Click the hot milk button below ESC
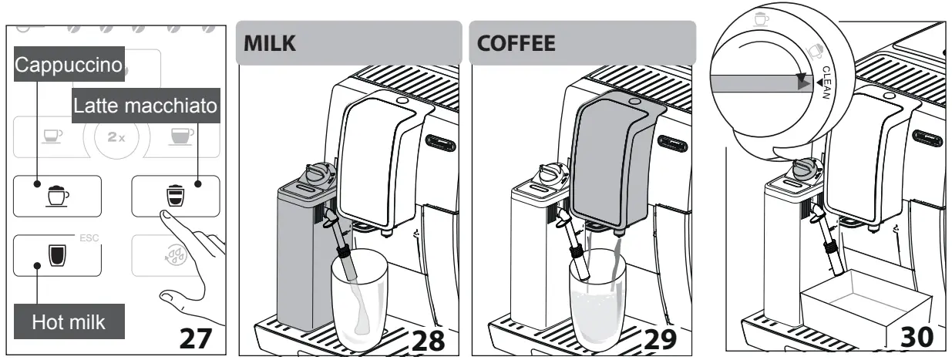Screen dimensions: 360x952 [x=57, y=255]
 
